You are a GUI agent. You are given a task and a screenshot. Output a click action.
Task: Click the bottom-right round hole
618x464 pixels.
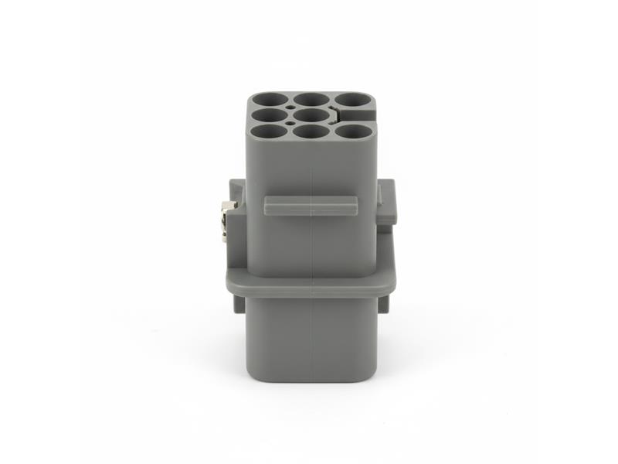click(354, 132)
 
